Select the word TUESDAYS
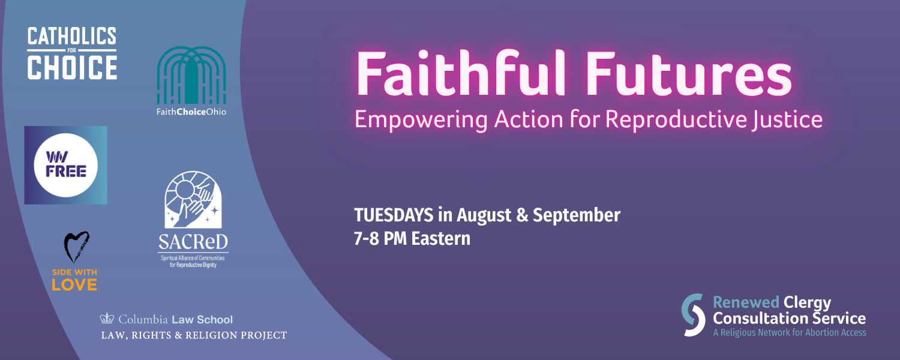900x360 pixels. point(394,215)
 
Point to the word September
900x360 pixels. point(577,216)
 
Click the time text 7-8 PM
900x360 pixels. point(380,239)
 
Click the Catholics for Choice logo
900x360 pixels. point(72,53)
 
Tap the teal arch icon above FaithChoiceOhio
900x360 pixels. point(191,75)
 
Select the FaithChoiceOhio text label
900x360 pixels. point(191,112)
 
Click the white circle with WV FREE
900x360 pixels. point(65,165)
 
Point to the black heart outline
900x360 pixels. point(76,247)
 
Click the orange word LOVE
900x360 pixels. point(74,285)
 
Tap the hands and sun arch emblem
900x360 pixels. point(193,200)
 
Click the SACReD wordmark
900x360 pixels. point(193,242)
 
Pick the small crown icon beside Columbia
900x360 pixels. point(107,318)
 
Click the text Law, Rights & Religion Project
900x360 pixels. point(194,335)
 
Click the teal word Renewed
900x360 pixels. point(746,302)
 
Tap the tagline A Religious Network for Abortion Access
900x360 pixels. point(790,332)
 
